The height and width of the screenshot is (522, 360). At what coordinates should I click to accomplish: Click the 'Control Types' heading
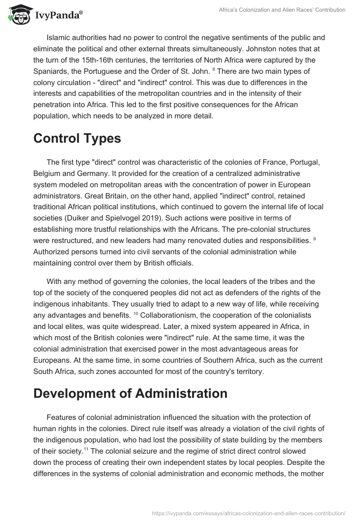tap(77, 139)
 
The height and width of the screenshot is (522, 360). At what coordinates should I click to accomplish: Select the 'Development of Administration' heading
tap(130, 394)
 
